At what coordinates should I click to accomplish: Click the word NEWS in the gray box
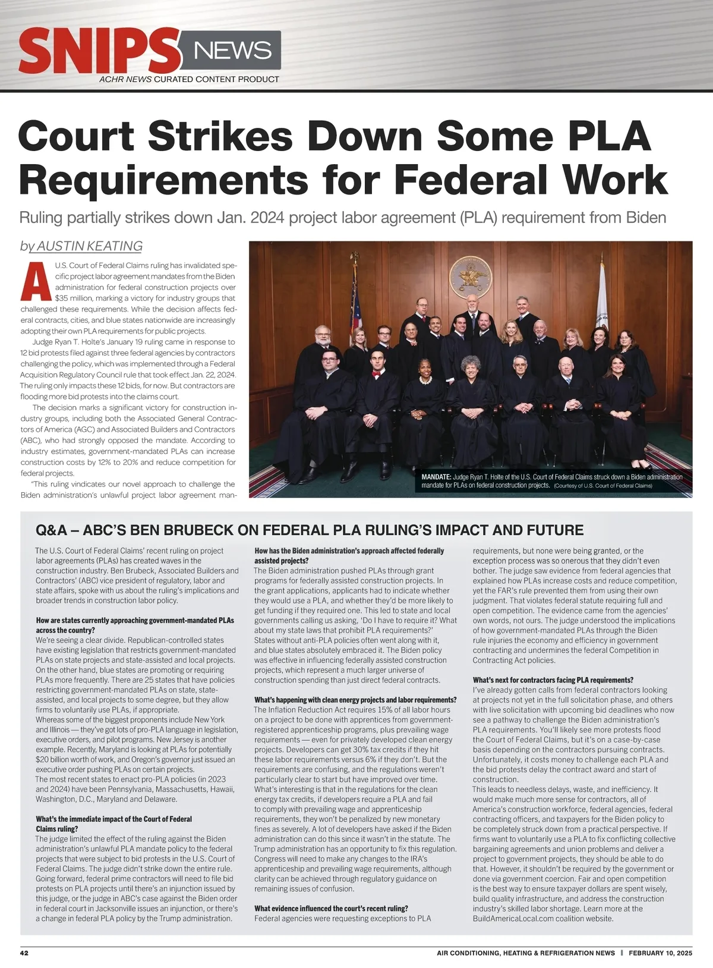tap(232, 51)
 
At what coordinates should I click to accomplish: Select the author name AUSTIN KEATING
tap(89, 246)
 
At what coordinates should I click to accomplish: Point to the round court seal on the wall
tap(471, 277)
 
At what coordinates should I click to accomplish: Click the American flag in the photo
tap(356, 309)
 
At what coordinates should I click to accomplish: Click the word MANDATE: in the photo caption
tap(436, 477)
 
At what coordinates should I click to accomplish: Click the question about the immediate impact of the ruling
tap(113, 824)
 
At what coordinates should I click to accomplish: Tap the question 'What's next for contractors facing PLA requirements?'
tap(553, 680)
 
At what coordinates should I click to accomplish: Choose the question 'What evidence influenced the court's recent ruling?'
tap(331, 909)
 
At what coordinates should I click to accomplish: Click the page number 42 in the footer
tap(24, 953)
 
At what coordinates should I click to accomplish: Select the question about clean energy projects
tap(355, 700)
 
